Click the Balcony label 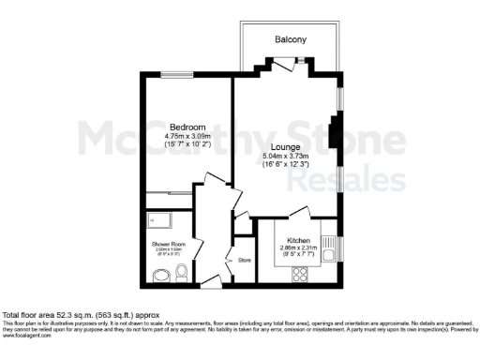[x=291, y=39]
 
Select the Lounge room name [x=285, y=147]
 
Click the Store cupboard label [x=245, y=260]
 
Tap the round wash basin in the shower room [x=161, y=275]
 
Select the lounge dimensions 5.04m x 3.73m [x=286, y=157]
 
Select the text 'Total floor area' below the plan [x=30, y=315]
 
